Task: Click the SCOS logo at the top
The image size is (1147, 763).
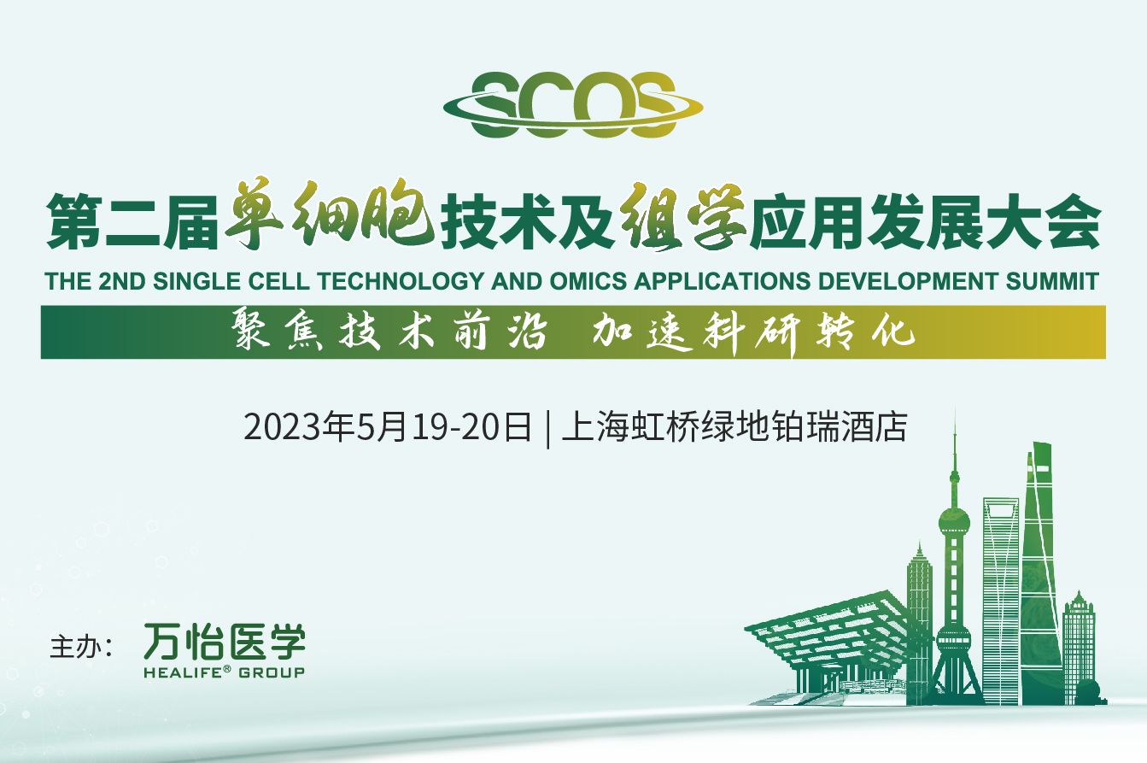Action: [573, 105]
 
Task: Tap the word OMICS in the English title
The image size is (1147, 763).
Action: [588, 281]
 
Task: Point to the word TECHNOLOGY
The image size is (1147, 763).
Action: [401, 281]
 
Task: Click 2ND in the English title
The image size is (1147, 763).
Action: [122, 281]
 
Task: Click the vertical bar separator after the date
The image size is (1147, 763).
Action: [548, 428]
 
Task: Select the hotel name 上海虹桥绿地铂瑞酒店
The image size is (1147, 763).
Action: [734, 426]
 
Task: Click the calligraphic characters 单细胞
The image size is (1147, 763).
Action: [330, 214]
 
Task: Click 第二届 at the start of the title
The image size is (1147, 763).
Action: [133, 221]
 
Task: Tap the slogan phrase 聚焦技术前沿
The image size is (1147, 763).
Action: [389, 332]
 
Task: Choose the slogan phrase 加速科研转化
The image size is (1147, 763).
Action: [754, 333]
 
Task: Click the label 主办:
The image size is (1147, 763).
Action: [81, 647]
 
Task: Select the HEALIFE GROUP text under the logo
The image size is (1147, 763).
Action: [225, 672]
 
